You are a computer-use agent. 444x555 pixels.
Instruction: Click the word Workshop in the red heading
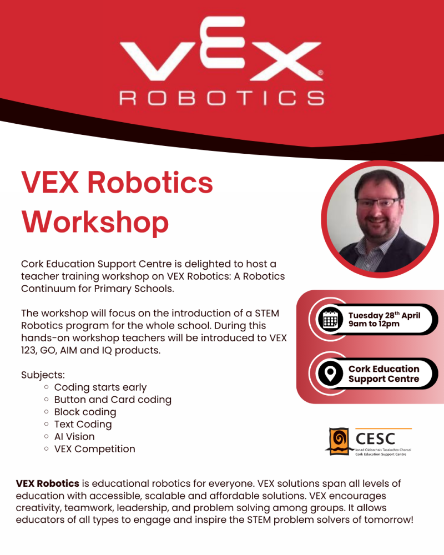(x=95, y=221)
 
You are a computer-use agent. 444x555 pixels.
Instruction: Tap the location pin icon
(x=330, y=374)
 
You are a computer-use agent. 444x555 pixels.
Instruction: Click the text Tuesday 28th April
(x=384, y=316)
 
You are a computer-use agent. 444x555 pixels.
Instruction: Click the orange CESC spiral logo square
(x=337, y=441)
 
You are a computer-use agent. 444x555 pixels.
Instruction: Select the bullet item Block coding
(x=85, y=412)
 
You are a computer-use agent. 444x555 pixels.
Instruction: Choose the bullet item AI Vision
(x=74, y=436)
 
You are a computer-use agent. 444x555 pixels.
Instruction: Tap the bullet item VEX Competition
(x=94, y=448)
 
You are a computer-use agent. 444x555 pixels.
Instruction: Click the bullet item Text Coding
(x=83, y=424)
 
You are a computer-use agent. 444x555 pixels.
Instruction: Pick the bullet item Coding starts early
(x=100, y=387)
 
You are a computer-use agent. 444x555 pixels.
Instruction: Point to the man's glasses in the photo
(x=377, y=203)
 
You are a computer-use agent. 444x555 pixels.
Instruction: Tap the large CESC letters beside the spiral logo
(x=375, y=438)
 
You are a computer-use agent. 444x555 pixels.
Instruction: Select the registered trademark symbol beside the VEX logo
(x=320, y=73)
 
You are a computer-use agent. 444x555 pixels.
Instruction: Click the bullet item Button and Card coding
(x=113, y=400)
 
